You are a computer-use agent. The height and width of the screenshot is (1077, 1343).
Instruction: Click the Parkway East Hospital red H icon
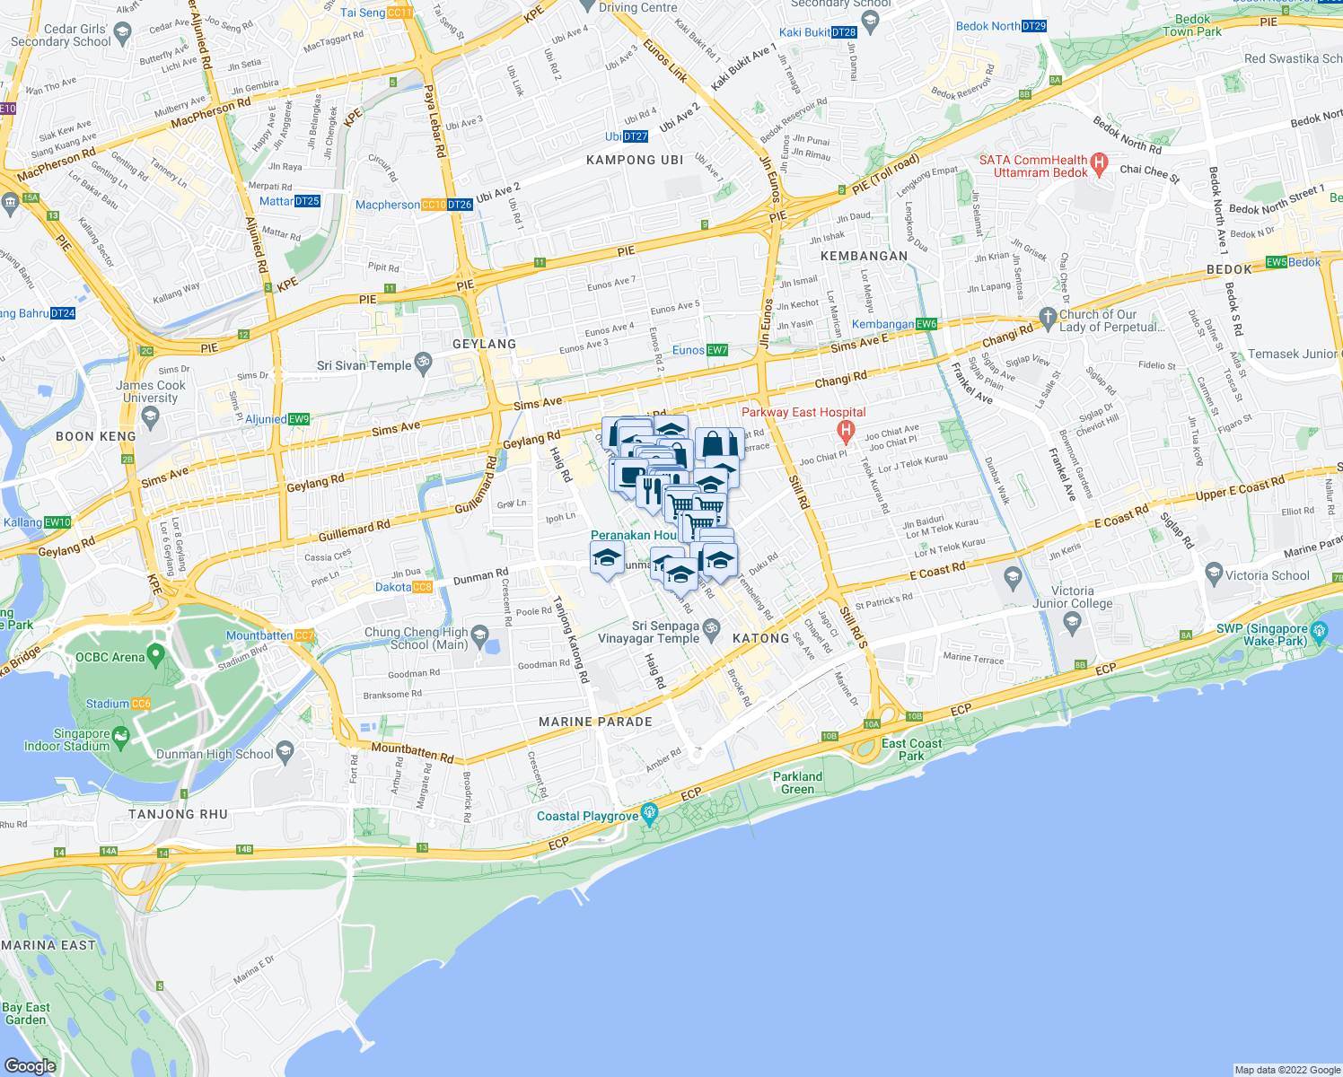point(845,432)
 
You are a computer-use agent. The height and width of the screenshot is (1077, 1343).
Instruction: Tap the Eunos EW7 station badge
point(717,350)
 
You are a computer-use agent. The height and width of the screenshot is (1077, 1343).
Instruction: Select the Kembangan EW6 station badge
point(926,324)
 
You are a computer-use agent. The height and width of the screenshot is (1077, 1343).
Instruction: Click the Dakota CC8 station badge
point(422,587)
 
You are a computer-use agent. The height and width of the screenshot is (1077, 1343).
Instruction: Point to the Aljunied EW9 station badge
point(299,419)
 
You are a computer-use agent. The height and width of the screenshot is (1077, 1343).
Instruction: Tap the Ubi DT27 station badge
point(635,136)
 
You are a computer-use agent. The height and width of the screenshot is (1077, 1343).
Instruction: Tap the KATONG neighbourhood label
point(760,638)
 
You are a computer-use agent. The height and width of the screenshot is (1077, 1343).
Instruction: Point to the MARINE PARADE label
point(595,722)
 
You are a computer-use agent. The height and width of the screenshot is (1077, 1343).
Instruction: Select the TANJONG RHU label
point(178,814)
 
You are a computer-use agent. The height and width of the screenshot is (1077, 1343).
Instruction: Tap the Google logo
point(30,1065)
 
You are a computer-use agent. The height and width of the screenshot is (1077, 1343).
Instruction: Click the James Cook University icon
point(150,415)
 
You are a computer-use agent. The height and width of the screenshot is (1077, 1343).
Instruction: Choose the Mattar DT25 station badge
point(307,201)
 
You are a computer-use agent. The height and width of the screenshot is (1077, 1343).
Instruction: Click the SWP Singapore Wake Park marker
point(1318,632)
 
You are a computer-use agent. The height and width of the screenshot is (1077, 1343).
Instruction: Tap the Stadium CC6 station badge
point(141,704)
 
